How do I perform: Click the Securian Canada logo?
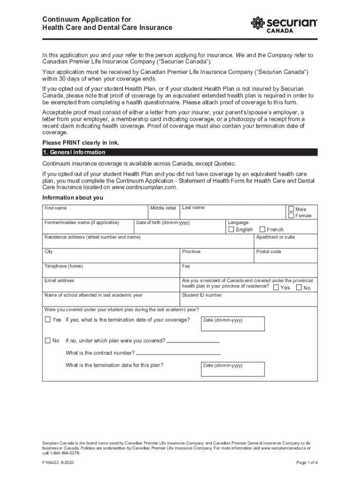tap(284, 24)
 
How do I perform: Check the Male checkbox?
tap(291, 209)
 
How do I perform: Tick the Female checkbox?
tap(291, 216)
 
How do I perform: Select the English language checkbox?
tap(231, 230)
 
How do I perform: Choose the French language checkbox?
tap(262, 230)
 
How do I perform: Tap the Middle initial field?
tap(164, 213)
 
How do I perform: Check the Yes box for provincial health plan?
tap(276, 288)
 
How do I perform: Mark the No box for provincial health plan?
tap(299, 288)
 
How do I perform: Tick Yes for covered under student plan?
tap(47, 320)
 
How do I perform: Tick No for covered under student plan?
tap(47, 341)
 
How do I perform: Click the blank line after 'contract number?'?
tap(178, 354)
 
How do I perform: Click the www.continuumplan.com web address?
tap(144, 187)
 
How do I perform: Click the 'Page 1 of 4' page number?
tap(307, 463)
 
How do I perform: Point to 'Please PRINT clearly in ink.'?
tap(77, 143)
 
